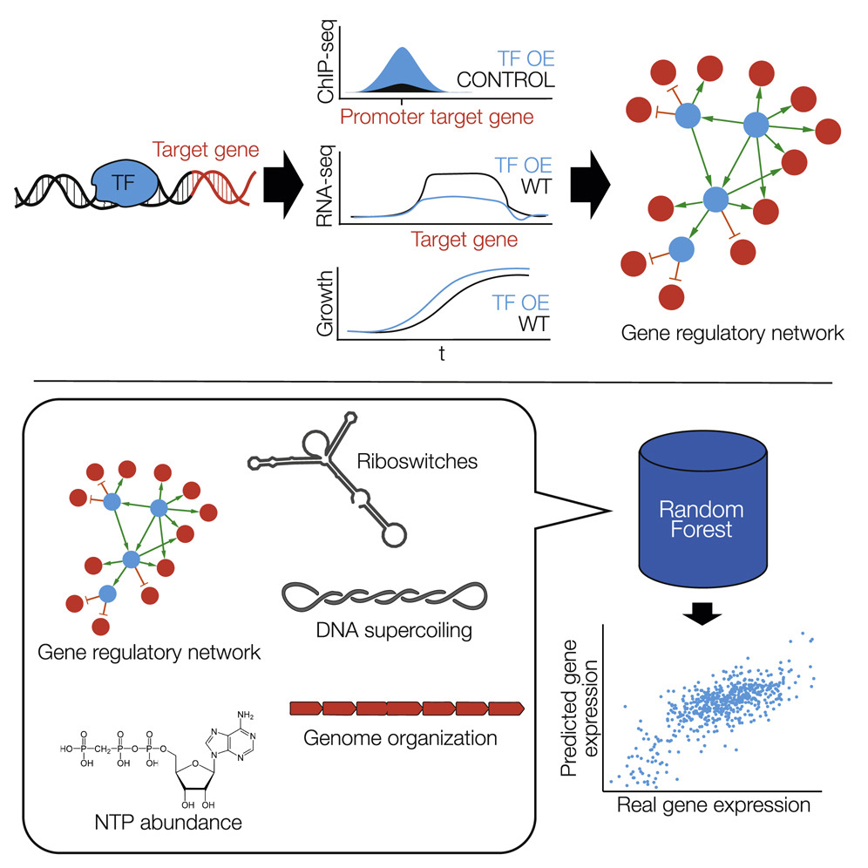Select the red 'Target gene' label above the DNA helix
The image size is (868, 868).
[x=206, y=151]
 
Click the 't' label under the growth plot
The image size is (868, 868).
[x=443, y=356]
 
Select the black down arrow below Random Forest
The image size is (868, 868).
[x=694, y=615]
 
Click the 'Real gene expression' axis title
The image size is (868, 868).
[x=714, y=804]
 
